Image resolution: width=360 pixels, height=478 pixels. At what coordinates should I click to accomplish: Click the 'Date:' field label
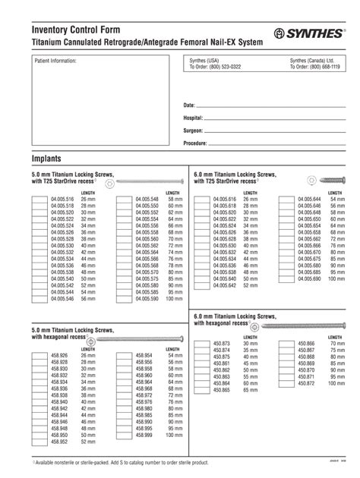pyautogui.click(x=190, y=105)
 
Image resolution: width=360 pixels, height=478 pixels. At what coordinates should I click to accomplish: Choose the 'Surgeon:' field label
pyautogui.click(x=194, y=131)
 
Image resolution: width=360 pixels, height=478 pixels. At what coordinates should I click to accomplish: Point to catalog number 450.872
pyautogui.click(x=306, y=383)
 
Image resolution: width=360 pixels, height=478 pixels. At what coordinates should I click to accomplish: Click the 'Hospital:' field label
pyautogui.click(x=194, y=118)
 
